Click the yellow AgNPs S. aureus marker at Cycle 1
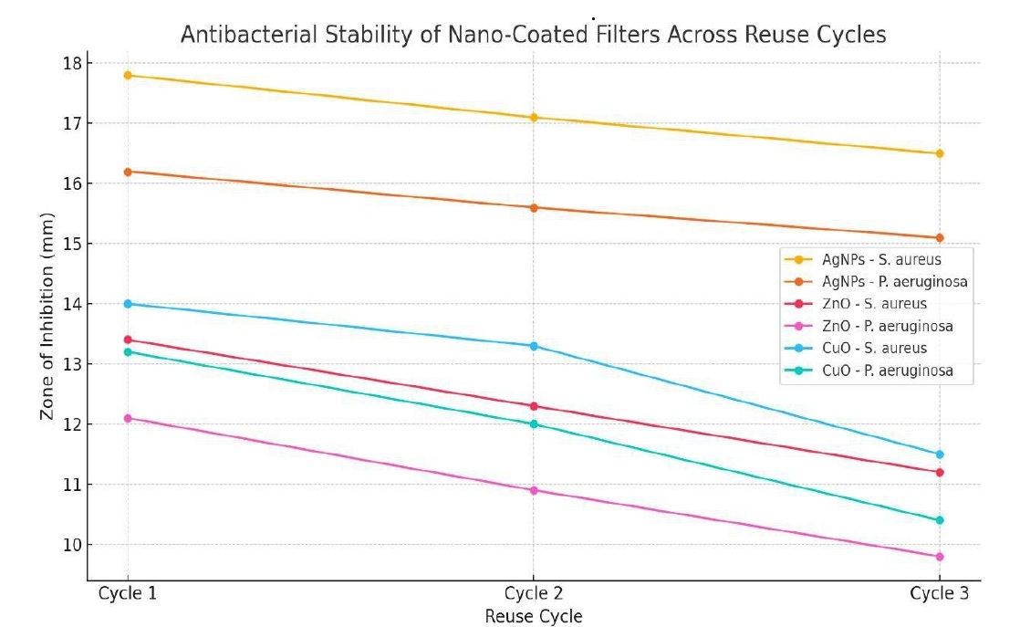(128, 75)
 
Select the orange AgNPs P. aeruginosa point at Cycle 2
(534, 207)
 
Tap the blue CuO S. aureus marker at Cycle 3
(940, 455)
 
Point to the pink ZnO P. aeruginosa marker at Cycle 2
(534, 490)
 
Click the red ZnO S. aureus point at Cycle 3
(940, 472)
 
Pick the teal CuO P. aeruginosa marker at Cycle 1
(128, 351)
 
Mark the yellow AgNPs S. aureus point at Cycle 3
(940, 153)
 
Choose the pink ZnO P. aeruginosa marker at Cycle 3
(940, 557)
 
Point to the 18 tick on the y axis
(72, 63)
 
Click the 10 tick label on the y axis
(72, 545)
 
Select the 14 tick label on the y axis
(72, 304)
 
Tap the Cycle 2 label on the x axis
(534, 594)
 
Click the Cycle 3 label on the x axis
(940, 594)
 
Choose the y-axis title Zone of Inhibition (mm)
(47, 317)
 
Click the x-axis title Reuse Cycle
(534, 616)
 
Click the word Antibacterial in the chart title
(234, 36)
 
